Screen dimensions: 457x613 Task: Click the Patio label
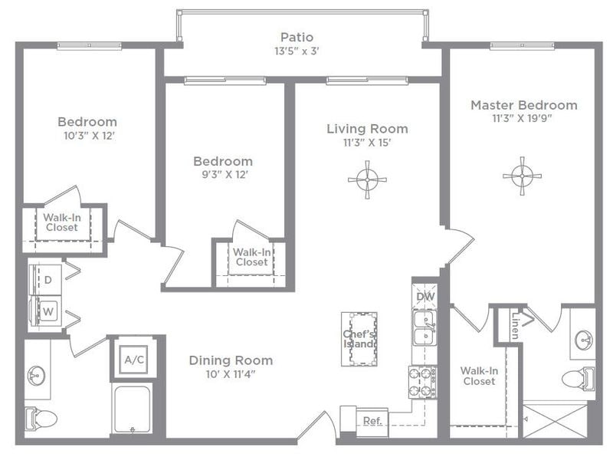(297, 38)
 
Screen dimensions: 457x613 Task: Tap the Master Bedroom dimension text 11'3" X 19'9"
(523, 119)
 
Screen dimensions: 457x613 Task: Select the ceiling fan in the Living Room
(367, 179)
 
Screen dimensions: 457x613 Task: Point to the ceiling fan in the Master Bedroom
(522, 176)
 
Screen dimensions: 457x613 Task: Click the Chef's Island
(359, 338)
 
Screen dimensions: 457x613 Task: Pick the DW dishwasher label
(425, 296)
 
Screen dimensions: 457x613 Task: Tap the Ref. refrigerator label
(372, 421)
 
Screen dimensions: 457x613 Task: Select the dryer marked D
(48, 280)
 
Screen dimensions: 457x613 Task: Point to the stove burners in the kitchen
(421, 382)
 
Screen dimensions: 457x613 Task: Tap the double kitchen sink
(424, 328)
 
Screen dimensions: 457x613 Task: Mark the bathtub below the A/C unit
(132, 409)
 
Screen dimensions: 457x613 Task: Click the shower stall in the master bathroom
(555, 420)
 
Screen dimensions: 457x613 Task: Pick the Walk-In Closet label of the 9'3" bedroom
(251, 257)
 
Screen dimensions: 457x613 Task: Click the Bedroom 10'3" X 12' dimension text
(87, 136)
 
